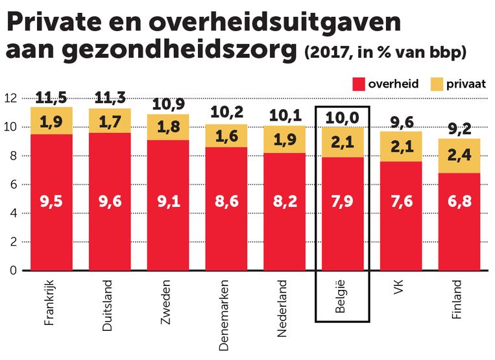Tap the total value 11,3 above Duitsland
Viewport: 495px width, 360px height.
pos(110,98)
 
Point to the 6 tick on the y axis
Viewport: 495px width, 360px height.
pos(12,185)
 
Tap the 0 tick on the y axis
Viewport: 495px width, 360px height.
pos(12,270)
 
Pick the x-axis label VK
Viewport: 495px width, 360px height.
pos(399,288)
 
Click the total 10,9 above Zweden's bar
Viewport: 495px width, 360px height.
pos(168,104)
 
